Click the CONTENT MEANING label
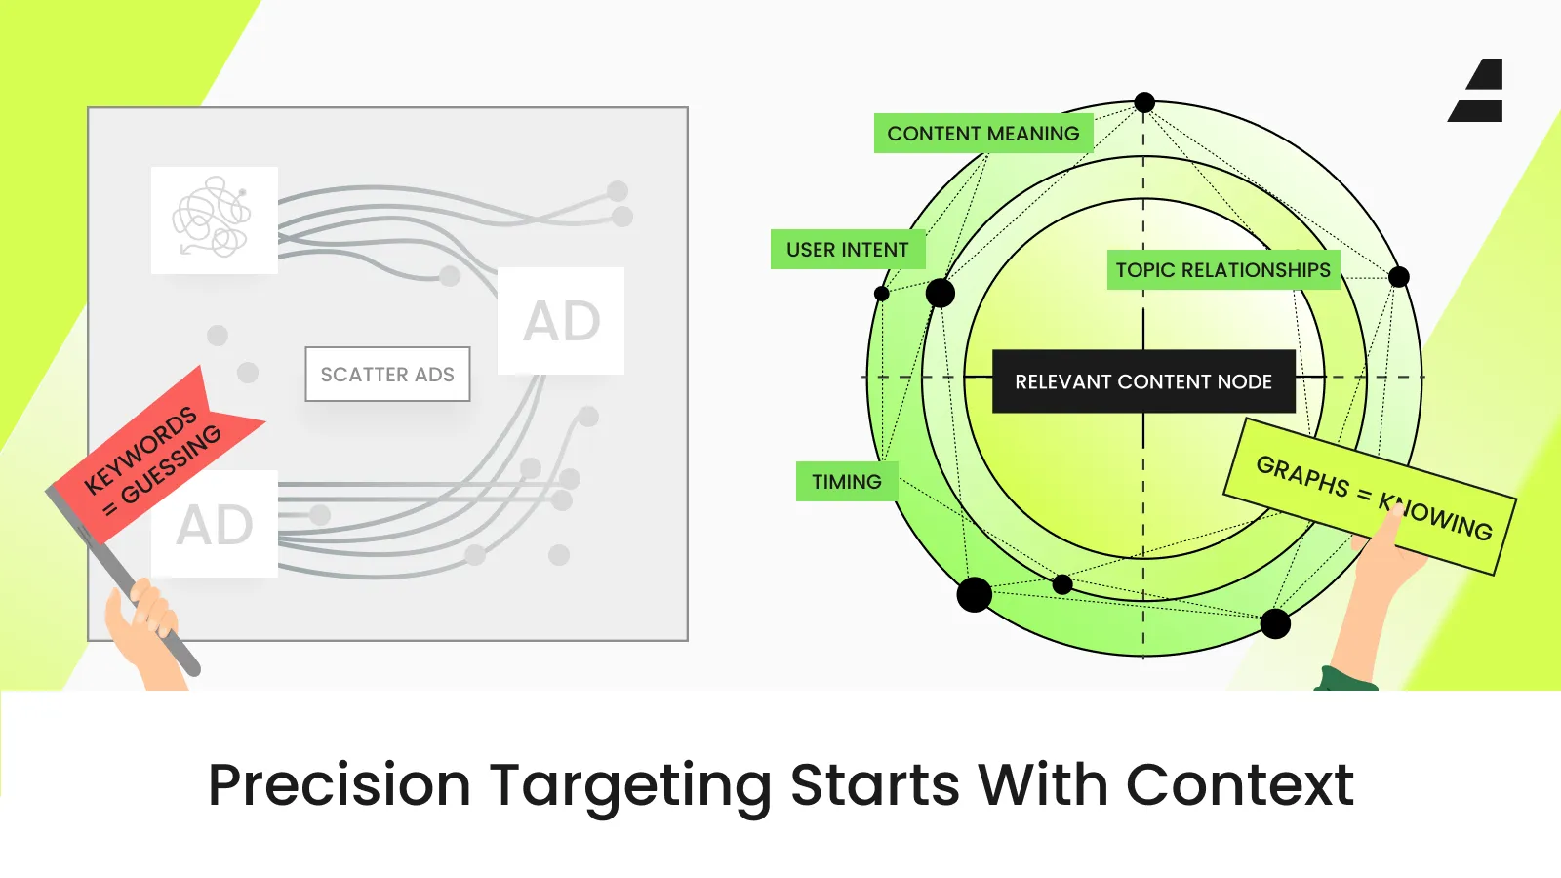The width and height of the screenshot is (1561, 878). coord(983,134)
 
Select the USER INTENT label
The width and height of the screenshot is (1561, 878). coord(848,250)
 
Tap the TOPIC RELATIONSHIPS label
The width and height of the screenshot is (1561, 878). coord(1223,270)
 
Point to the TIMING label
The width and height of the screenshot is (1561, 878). coord(847,482)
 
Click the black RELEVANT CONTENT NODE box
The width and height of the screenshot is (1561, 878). coord(1143,381)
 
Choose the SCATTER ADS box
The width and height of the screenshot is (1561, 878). coord(387,375)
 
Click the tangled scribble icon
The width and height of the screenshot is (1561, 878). coord(215,219)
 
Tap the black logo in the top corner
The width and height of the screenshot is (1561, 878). coord(1475,90)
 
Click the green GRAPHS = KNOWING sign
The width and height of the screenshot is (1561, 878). coord(1370,497)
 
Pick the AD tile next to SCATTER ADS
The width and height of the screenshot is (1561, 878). coord(561,321)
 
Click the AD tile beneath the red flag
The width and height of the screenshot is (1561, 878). coord(215,525)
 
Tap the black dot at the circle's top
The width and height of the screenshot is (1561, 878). coord(1144,102)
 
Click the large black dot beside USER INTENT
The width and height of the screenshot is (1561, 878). coord(940,293)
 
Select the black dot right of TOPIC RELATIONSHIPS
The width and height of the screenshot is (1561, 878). coord(1398,277)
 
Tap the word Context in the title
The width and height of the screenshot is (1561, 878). coord(1240,785)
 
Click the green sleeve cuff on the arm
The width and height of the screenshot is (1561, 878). coord(1346,679)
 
